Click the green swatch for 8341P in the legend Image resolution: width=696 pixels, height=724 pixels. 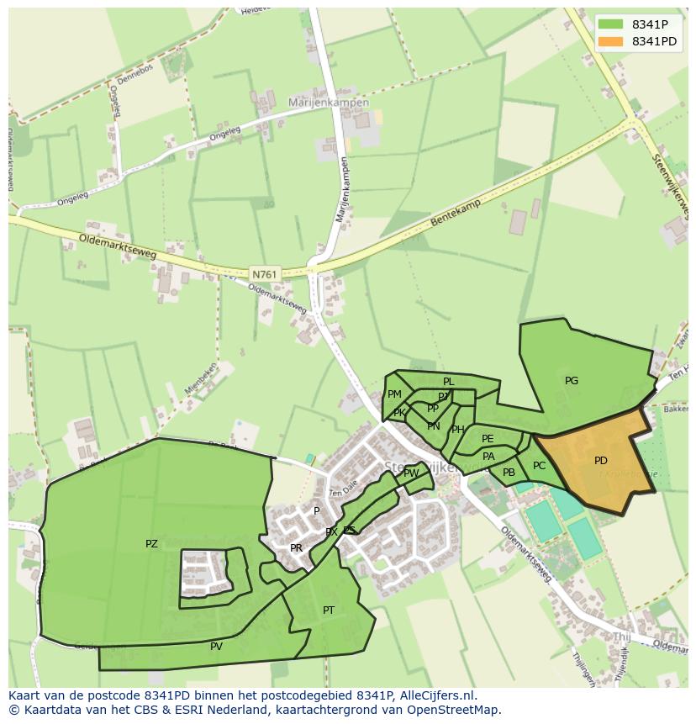[611, 24]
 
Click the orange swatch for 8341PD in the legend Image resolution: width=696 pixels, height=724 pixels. [611, 41]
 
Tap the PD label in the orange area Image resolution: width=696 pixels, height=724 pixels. [600, 461]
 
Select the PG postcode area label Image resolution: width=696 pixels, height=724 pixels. [572, 381]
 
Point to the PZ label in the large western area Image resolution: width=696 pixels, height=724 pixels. [151, 544]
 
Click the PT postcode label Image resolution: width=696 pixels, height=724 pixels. [329, 610]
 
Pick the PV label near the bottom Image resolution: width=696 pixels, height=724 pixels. [216, 647]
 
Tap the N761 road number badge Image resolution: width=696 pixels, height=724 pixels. [262, 273]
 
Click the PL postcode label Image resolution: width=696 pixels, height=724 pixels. [449, 382]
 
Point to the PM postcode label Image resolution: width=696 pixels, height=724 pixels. [394, 394]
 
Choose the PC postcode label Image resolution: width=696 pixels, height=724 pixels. [539, 466]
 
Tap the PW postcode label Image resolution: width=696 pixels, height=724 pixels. [411, 473]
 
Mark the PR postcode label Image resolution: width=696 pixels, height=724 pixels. [296, 548]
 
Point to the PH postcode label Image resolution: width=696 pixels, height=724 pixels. [457, 430]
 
